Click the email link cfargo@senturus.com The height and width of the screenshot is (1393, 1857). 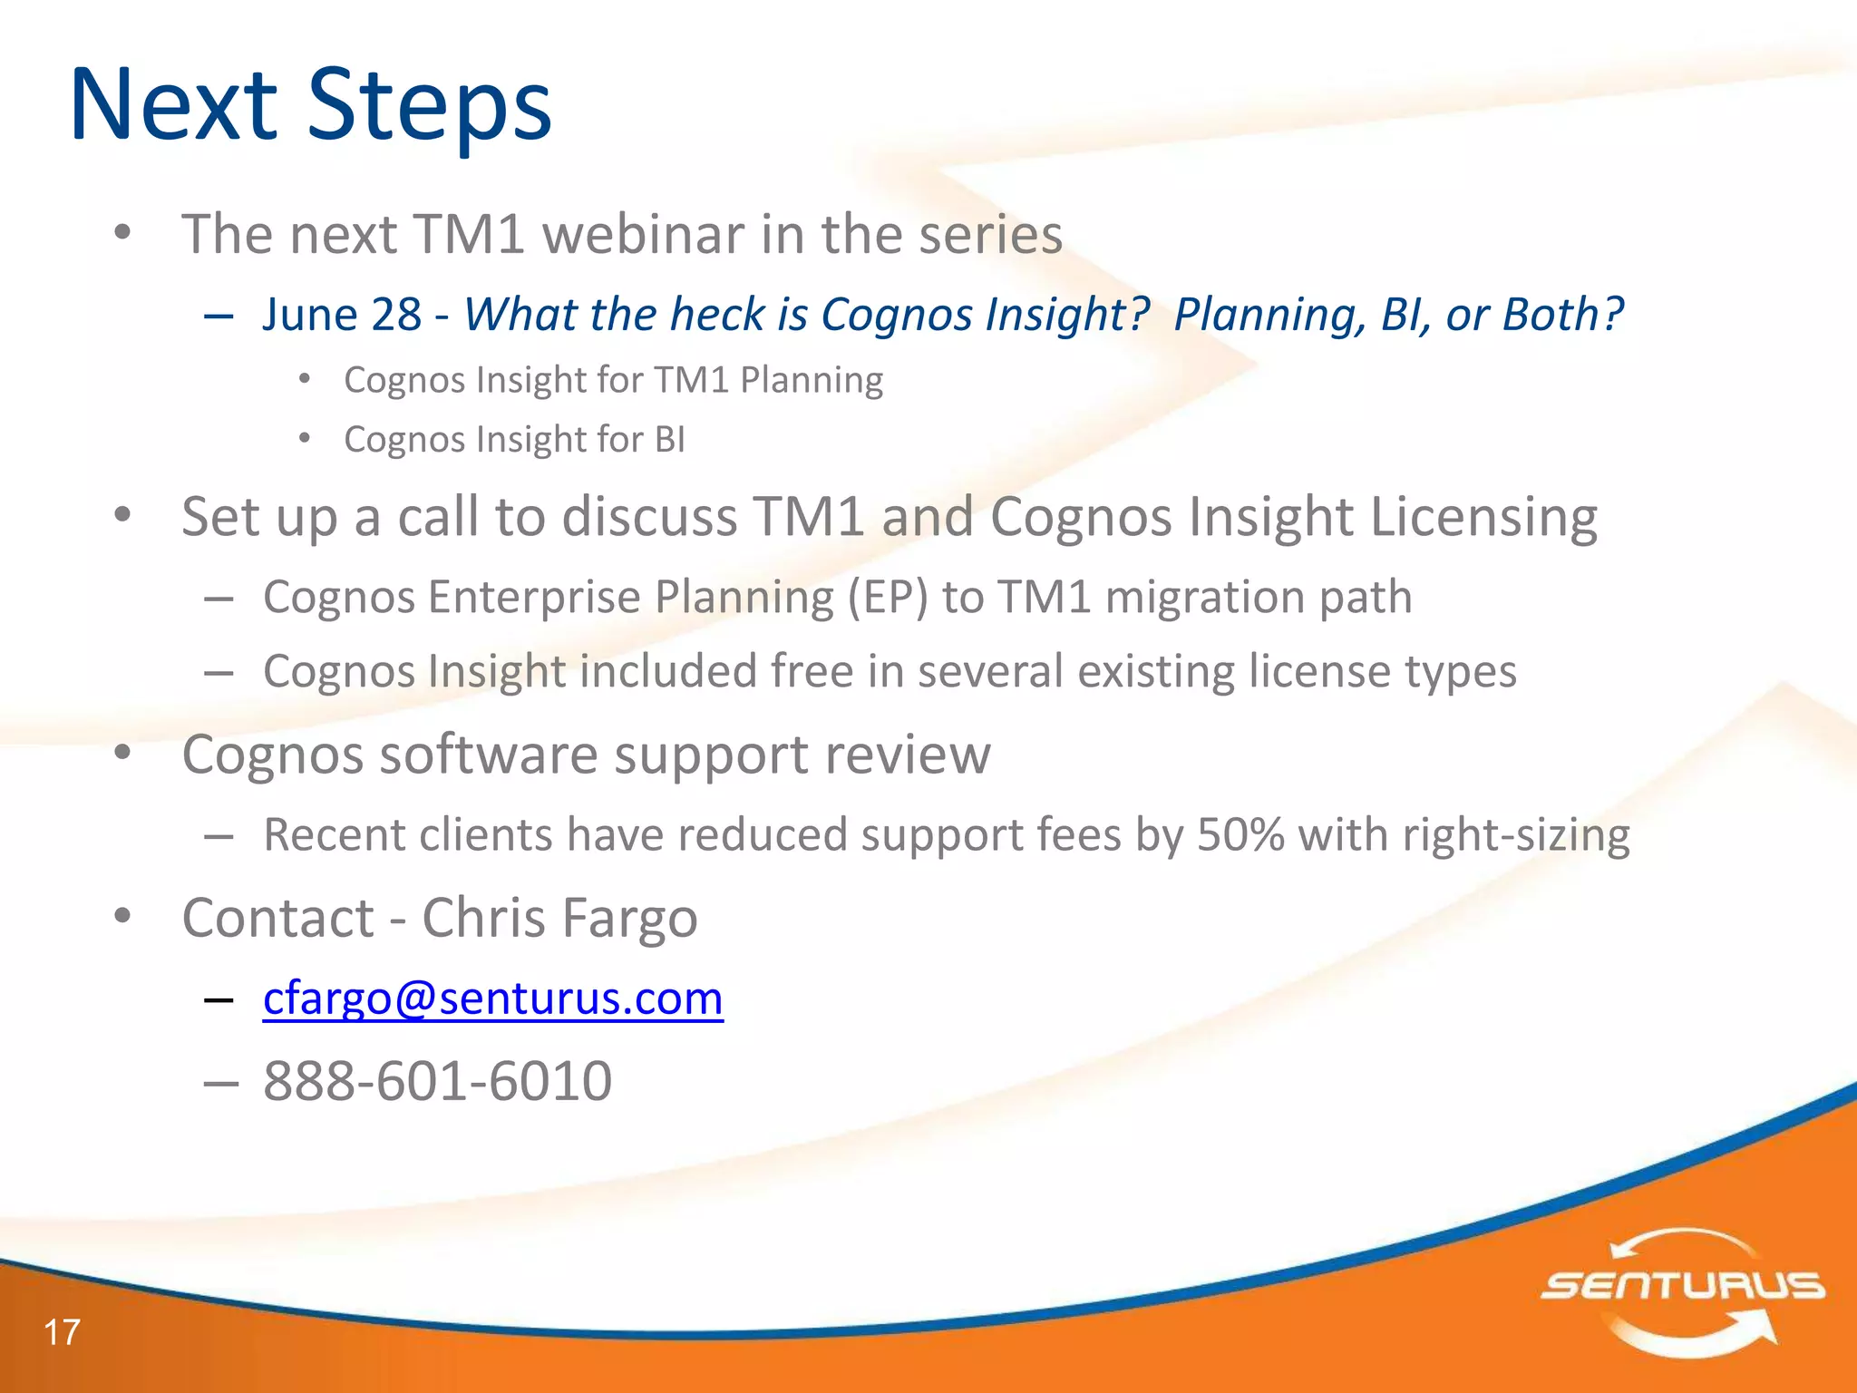[492, 998]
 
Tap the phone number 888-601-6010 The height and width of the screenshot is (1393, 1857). [437, 1081]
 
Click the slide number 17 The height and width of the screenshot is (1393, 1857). [62, 1332]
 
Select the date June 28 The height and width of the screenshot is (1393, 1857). [342, 315]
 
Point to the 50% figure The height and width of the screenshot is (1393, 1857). [1240, 834]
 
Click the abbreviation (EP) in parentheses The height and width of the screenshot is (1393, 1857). [888, 598]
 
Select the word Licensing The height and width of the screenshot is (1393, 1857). [1483, 517]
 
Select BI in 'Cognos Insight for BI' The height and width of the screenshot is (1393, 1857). [669, 440]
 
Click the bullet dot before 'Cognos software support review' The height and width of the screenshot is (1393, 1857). [123, 752]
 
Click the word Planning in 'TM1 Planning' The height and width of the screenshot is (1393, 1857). [811, 380]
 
